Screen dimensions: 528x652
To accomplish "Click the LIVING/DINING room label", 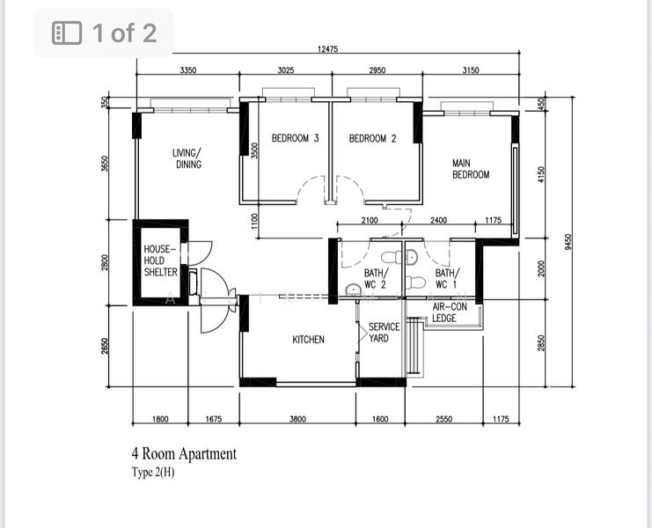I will tap(188, 158).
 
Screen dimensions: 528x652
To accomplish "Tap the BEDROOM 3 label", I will tap(295, 138).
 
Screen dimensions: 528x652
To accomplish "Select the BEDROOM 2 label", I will tap(372, 138).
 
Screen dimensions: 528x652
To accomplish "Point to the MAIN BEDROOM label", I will tap(471, 169).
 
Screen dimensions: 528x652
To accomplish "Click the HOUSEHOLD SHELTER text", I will tap(160, 261).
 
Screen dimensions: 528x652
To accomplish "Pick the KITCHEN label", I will tap(308, 340).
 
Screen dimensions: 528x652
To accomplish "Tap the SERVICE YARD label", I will tap(384, 332).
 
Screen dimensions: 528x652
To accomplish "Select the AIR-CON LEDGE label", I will tap(450, 312).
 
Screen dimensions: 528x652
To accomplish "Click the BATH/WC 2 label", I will tap(376, 279).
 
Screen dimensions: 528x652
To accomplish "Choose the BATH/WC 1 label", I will tap(446, 279).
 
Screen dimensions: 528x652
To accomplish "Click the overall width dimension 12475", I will tap(327, 49).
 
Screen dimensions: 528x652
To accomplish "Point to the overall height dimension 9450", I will tap(569, 240).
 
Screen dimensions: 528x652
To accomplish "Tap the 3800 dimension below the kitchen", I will tap(297, 420).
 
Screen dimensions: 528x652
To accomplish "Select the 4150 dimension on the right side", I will tap(542, 177).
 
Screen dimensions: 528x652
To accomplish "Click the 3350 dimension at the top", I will tap(187, 70).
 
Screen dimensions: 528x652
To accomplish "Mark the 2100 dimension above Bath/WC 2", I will tap(370, 221).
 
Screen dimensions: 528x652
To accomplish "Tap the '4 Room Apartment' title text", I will tap(184, 454).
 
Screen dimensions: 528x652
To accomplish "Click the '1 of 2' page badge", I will tap(104, 33).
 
